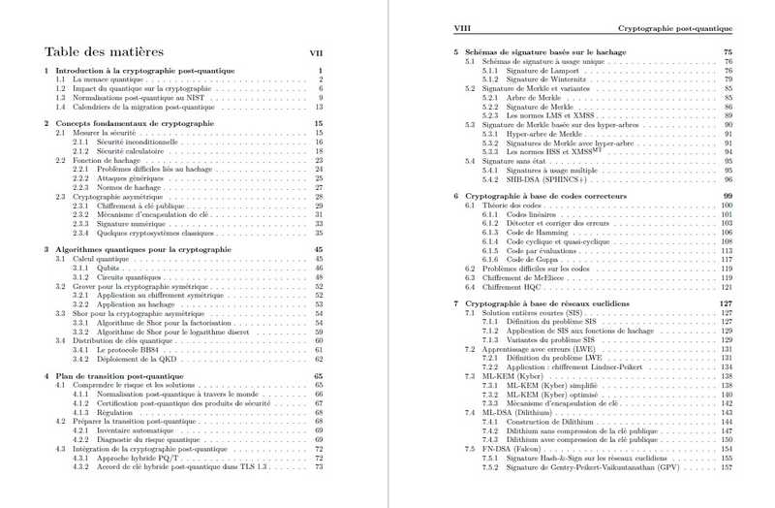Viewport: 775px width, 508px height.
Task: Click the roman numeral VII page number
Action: [x=316, y=53]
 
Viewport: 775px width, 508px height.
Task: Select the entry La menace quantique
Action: [x=98, y=79]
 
